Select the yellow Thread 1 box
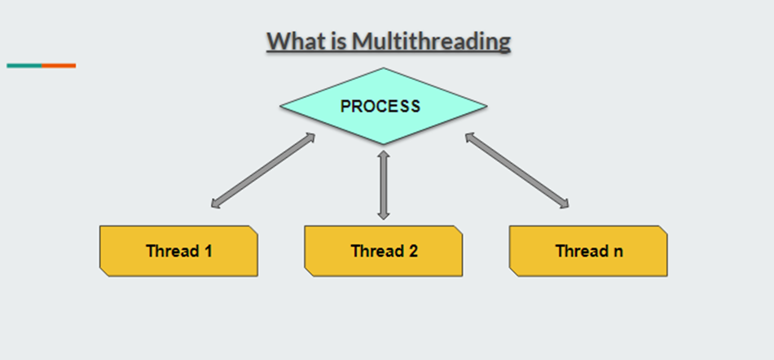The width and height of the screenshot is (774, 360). click(x=178, y=251)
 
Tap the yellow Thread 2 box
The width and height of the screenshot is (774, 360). click(x=384, y=251)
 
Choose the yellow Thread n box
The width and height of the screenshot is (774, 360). click(x=588, y=251)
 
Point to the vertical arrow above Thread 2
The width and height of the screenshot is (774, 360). click(x=384, y=184)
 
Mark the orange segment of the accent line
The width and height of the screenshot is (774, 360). click(x=59, y=65)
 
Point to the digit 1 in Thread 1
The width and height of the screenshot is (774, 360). click(x=209, y=251)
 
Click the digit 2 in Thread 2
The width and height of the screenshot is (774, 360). click(x=413, y=251)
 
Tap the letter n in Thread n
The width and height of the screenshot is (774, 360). click(x=618, y=251)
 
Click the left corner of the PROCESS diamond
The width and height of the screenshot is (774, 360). click(x=282, y=106)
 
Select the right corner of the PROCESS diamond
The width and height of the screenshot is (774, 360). click(x=486, y=106)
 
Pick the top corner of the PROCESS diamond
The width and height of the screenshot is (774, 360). click(x=384, y=69)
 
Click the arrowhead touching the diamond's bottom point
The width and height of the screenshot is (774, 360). click(x=384, y=154)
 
